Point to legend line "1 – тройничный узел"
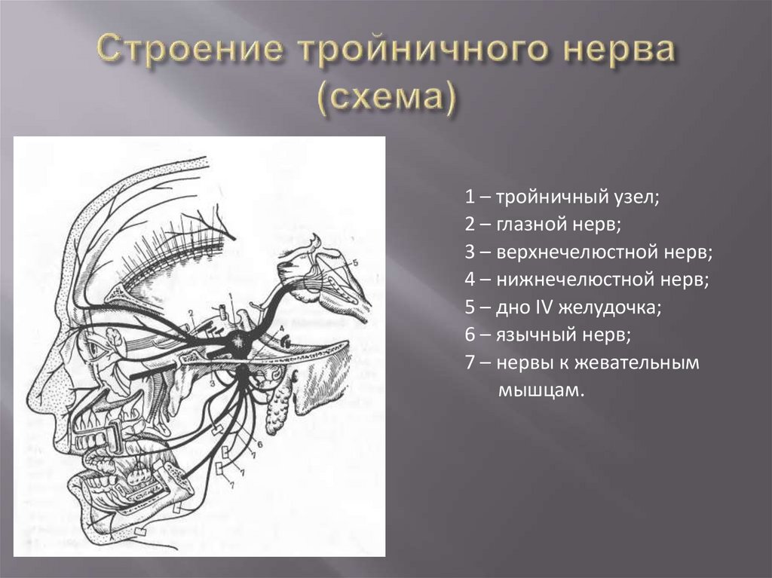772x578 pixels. coord(562,198)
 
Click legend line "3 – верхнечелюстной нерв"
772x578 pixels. coord(589,252)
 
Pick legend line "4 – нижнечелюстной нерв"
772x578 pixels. coord(588,280)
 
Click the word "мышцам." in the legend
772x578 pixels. coord(541,390)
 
